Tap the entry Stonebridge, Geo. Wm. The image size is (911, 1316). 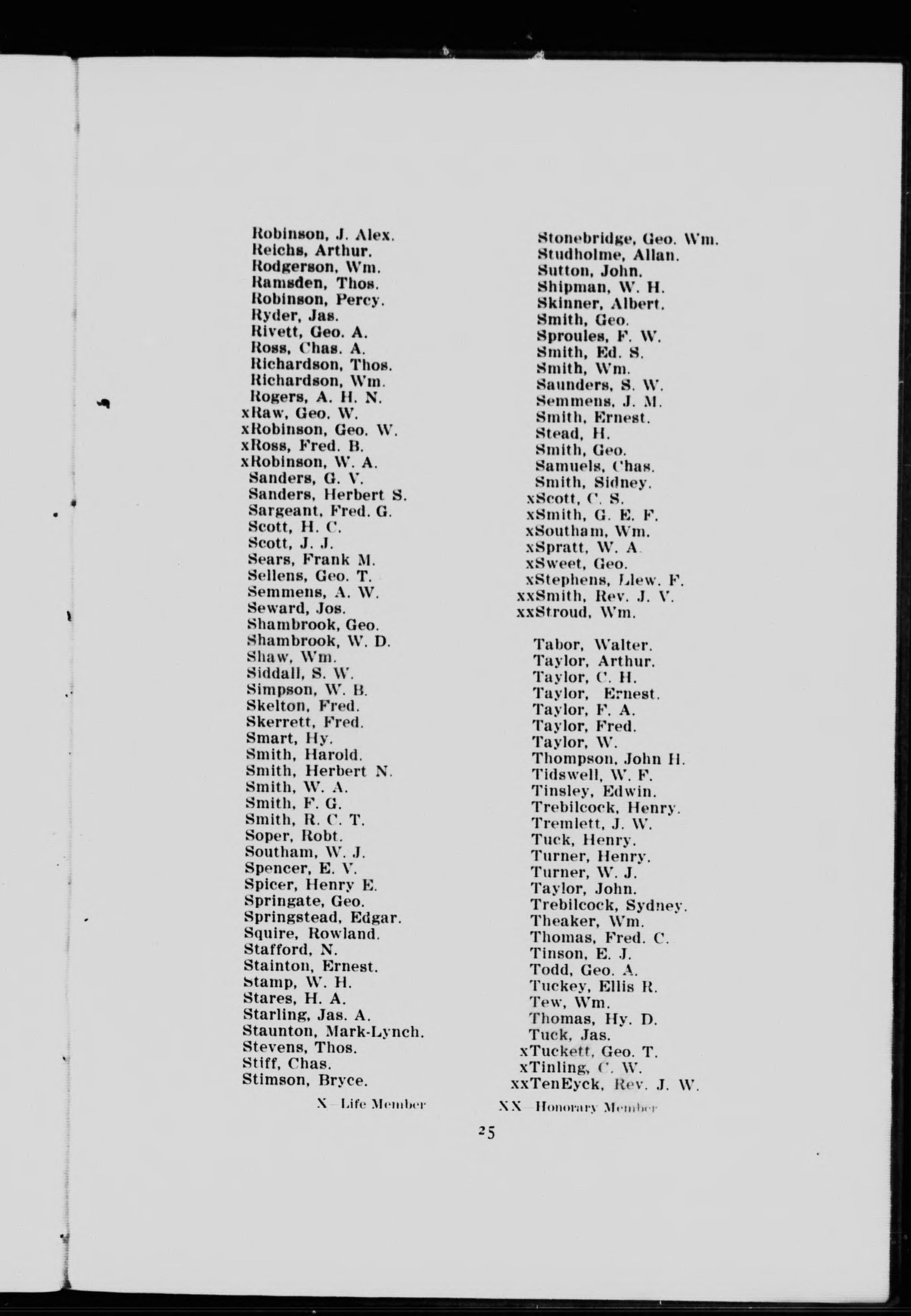pyautogui.click(x=628, y=239)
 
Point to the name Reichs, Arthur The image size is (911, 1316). pyautogui.click(x=312, y=251)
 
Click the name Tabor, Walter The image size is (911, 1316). pyautogui.click(x=592, y=646)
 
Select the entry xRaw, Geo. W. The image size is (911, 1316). pyautogui.click(x=300, y=413)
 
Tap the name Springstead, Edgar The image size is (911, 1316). pyautogui.click(x=323, y=918)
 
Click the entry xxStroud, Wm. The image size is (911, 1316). pyautogui.click(x=575, y=613)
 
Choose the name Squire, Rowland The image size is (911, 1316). pyautogui.click(x=312, y=934)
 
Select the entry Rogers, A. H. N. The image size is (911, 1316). pyautogui.click(x=316, y=397)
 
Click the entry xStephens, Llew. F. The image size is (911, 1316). pyautogui.click(x=605, y=581)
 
